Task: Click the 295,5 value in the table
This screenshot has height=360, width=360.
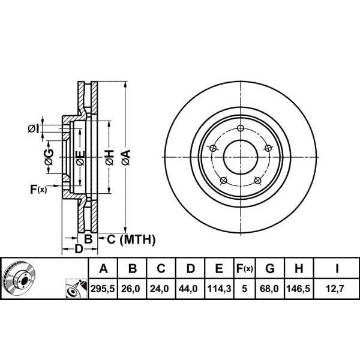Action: pyautogui.click(x=103, y=289)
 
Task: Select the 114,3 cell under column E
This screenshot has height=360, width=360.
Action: pyautogui.click(x=219, y=289)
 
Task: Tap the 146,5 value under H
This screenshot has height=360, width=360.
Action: pyautogui.click(x=298, y=289)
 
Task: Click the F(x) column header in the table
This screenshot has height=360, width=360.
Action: pyautogui.click(x=245, y=268)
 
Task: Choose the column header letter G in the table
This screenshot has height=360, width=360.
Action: pyautogui.click(x=270, y=268)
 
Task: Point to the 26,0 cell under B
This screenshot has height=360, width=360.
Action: pyautogui.click(x=130, y=289)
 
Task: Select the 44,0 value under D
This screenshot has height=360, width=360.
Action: pyautogui.click(x=188, y=289)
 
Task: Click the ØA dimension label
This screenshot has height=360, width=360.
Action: pyautogui.click(x=126, y=157)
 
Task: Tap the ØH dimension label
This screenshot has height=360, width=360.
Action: pyautogui.click(x=110, y=157)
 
